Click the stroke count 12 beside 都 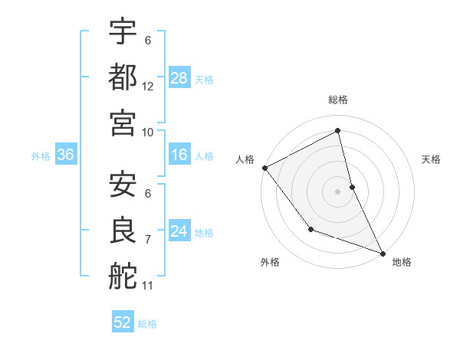coord(148,87)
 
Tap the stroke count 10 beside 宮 coord(148,132)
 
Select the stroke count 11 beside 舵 coord(148,286)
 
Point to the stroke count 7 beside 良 coord(148,241)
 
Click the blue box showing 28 coord(179,78)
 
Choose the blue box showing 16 coord(179,155)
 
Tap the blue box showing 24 coord(179,231)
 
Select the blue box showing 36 coord(66,155)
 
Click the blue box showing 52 coord(123,322)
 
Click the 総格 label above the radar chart coord(338,100)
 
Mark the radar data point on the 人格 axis coord(264,167)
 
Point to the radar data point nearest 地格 coord(383,252)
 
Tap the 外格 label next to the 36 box coord(41,156)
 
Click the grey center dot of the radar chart coord(337,191)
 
